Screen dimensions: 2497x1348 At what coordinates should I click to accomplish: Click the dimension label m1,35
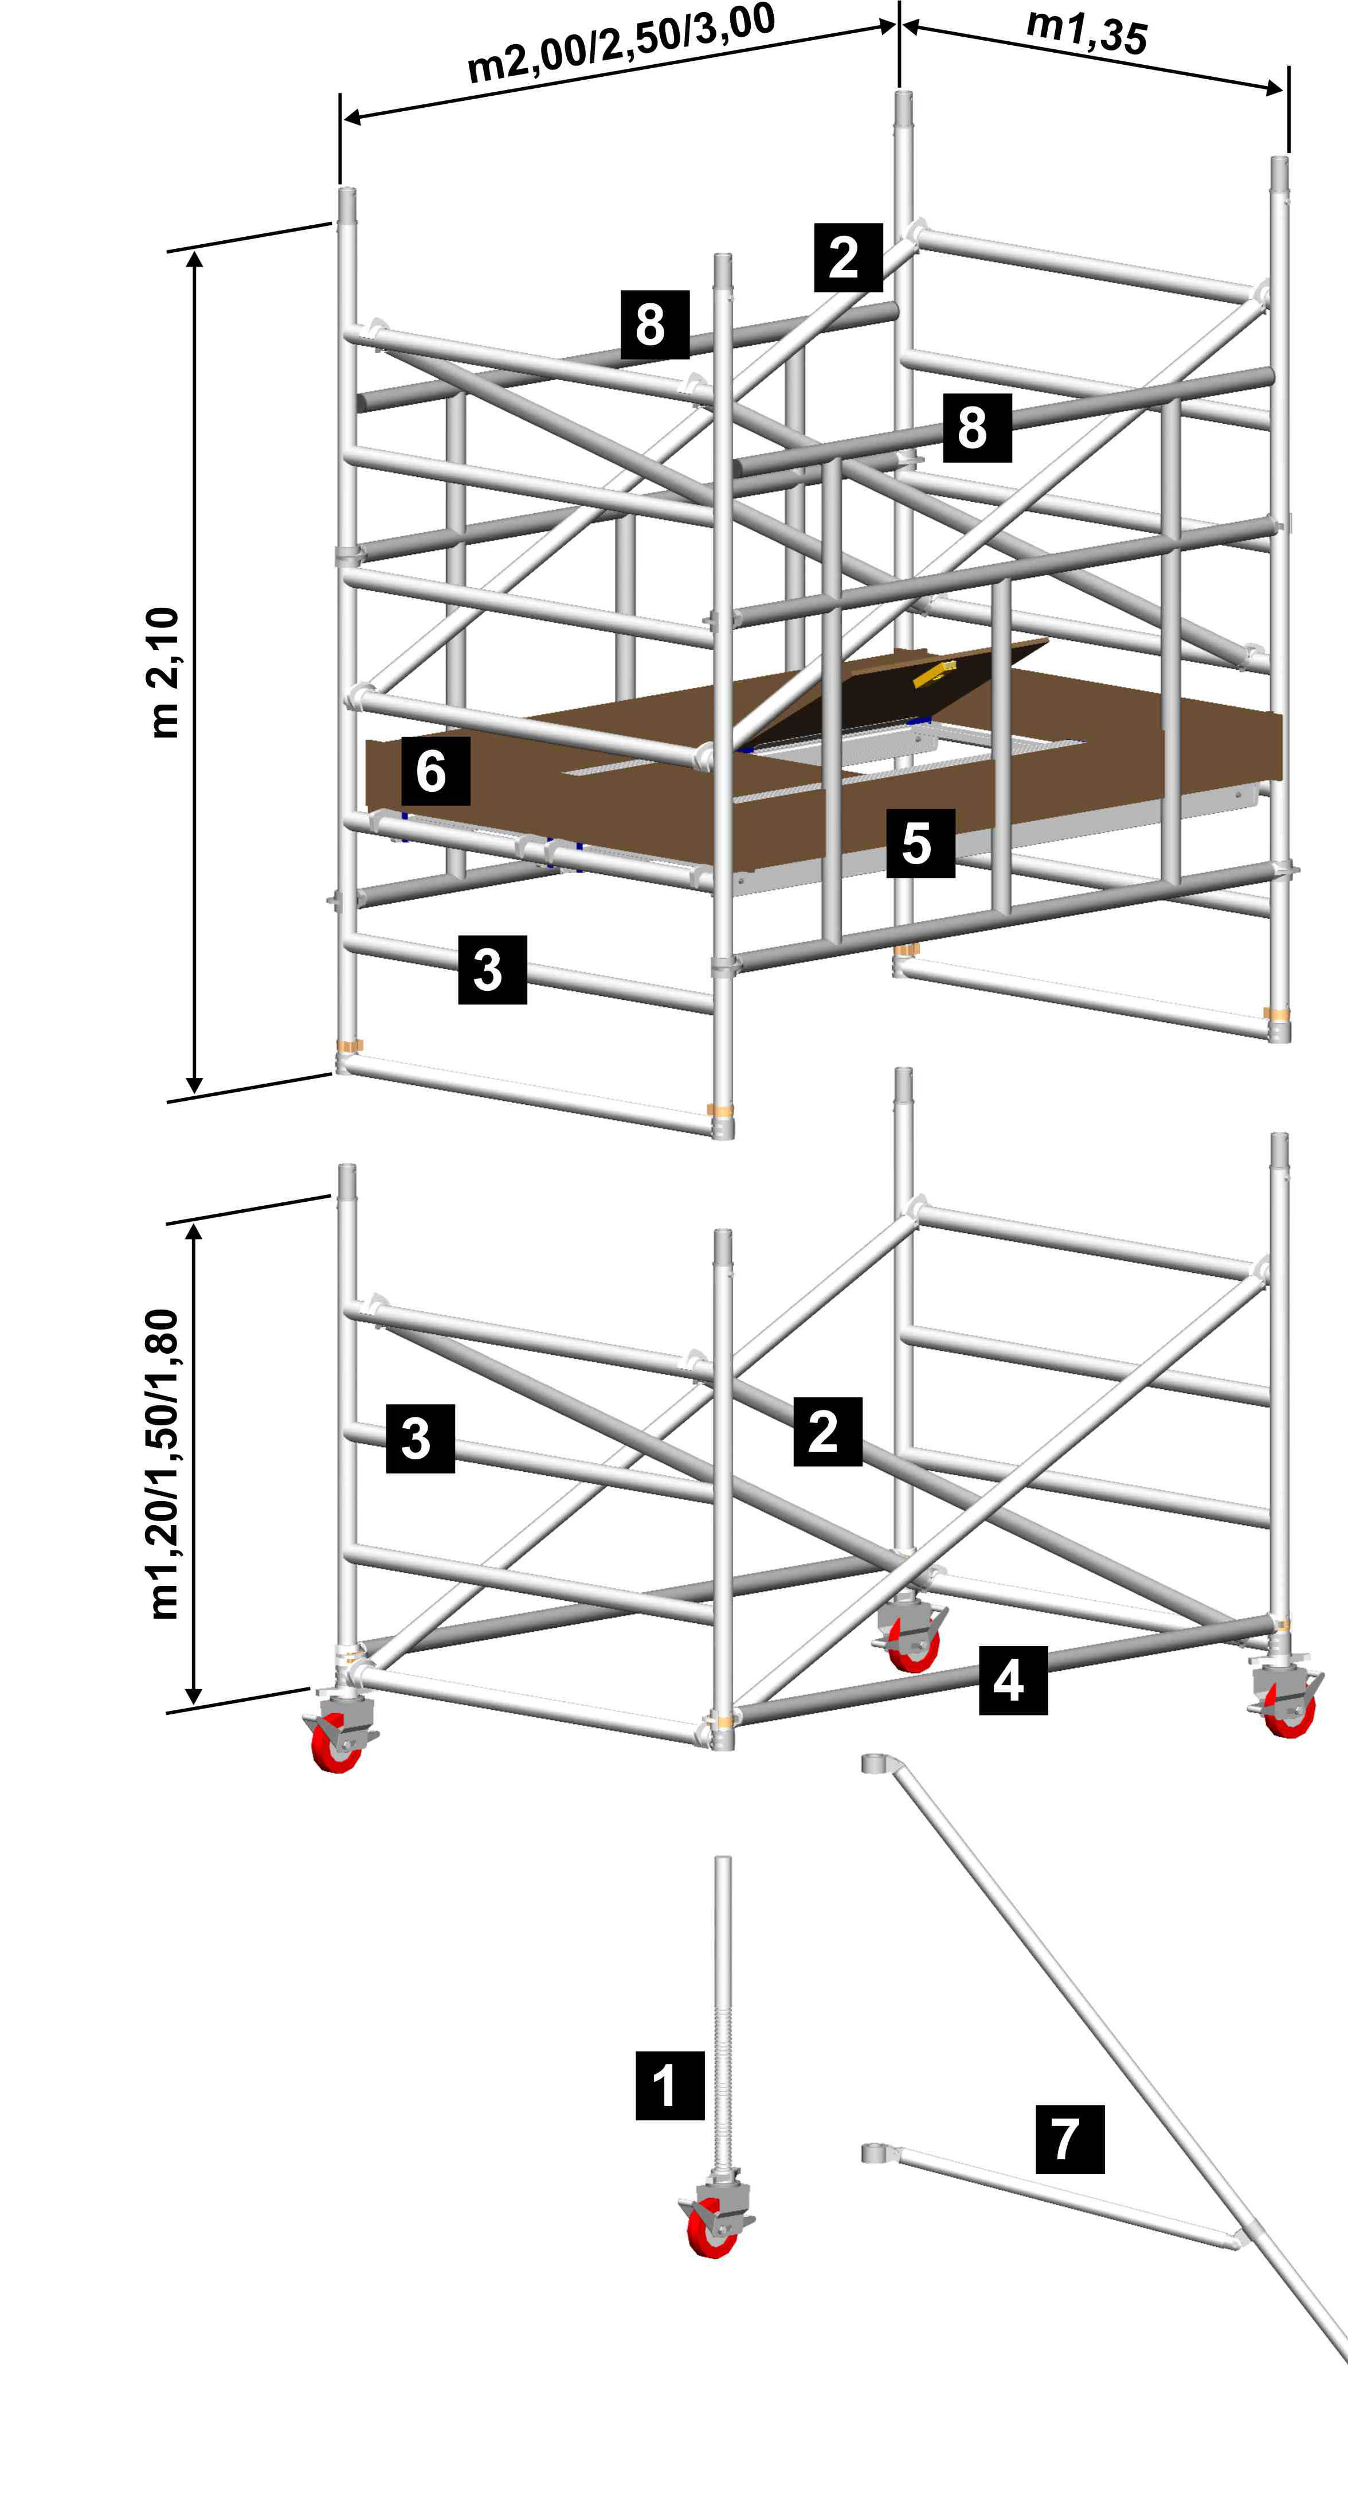pyautogui.click(x=1086, y=30)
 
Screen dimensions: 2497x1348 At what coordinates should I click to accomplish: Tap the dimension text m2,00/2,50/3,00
pyautogui.click(x=620, y=44)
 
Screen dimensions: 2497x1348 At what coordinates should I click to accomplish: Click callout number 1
pyautogui.click(x=669, y=2085)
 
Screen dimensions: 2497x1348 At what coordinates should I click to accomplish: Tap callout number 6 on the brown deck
pyautogui.click(x=435, y=771)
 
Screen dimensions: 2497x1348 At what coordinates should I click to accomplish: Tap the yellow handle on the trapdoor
pyautogui.click(x=934, y=673)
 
